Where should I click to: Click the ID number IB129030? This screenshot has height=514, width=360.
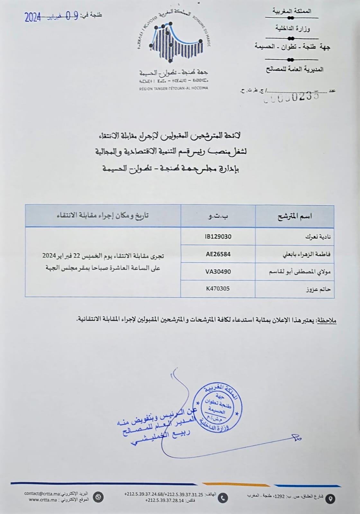(218, 236)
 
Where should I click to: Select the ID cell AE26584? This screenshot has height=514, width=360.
(218, 254)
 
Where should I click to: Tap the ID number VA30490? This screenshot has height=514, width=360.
(218, 272)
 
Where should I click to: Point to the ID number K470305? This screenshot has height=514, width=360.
(218, 288)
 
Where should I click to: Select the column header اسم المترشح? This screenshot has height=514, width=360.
(295, 216)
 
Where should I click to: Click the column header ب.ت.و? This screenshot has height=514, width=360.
(218, 216)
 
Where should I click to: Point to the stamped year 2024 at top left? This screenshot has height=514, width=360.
(33, 17)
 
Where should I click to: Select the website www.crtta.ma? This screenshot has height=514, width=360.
(43, 500)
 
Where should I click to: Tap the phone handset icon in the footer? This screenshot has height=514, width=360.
(222, 498)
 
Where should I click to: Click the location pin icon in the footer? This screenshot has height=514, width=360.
(330, 499)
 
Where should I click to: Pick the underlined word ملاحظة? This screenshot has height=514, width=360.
(327, 320)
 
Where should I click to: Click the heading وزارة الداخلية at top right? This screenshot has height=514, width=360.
(292, 29)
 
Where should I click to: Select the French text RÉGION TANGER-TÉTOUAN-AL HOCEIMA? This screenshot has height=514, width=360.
(174, 88)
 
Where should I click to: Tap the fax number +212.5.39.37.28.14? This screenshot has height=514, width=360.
(165, 500)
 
